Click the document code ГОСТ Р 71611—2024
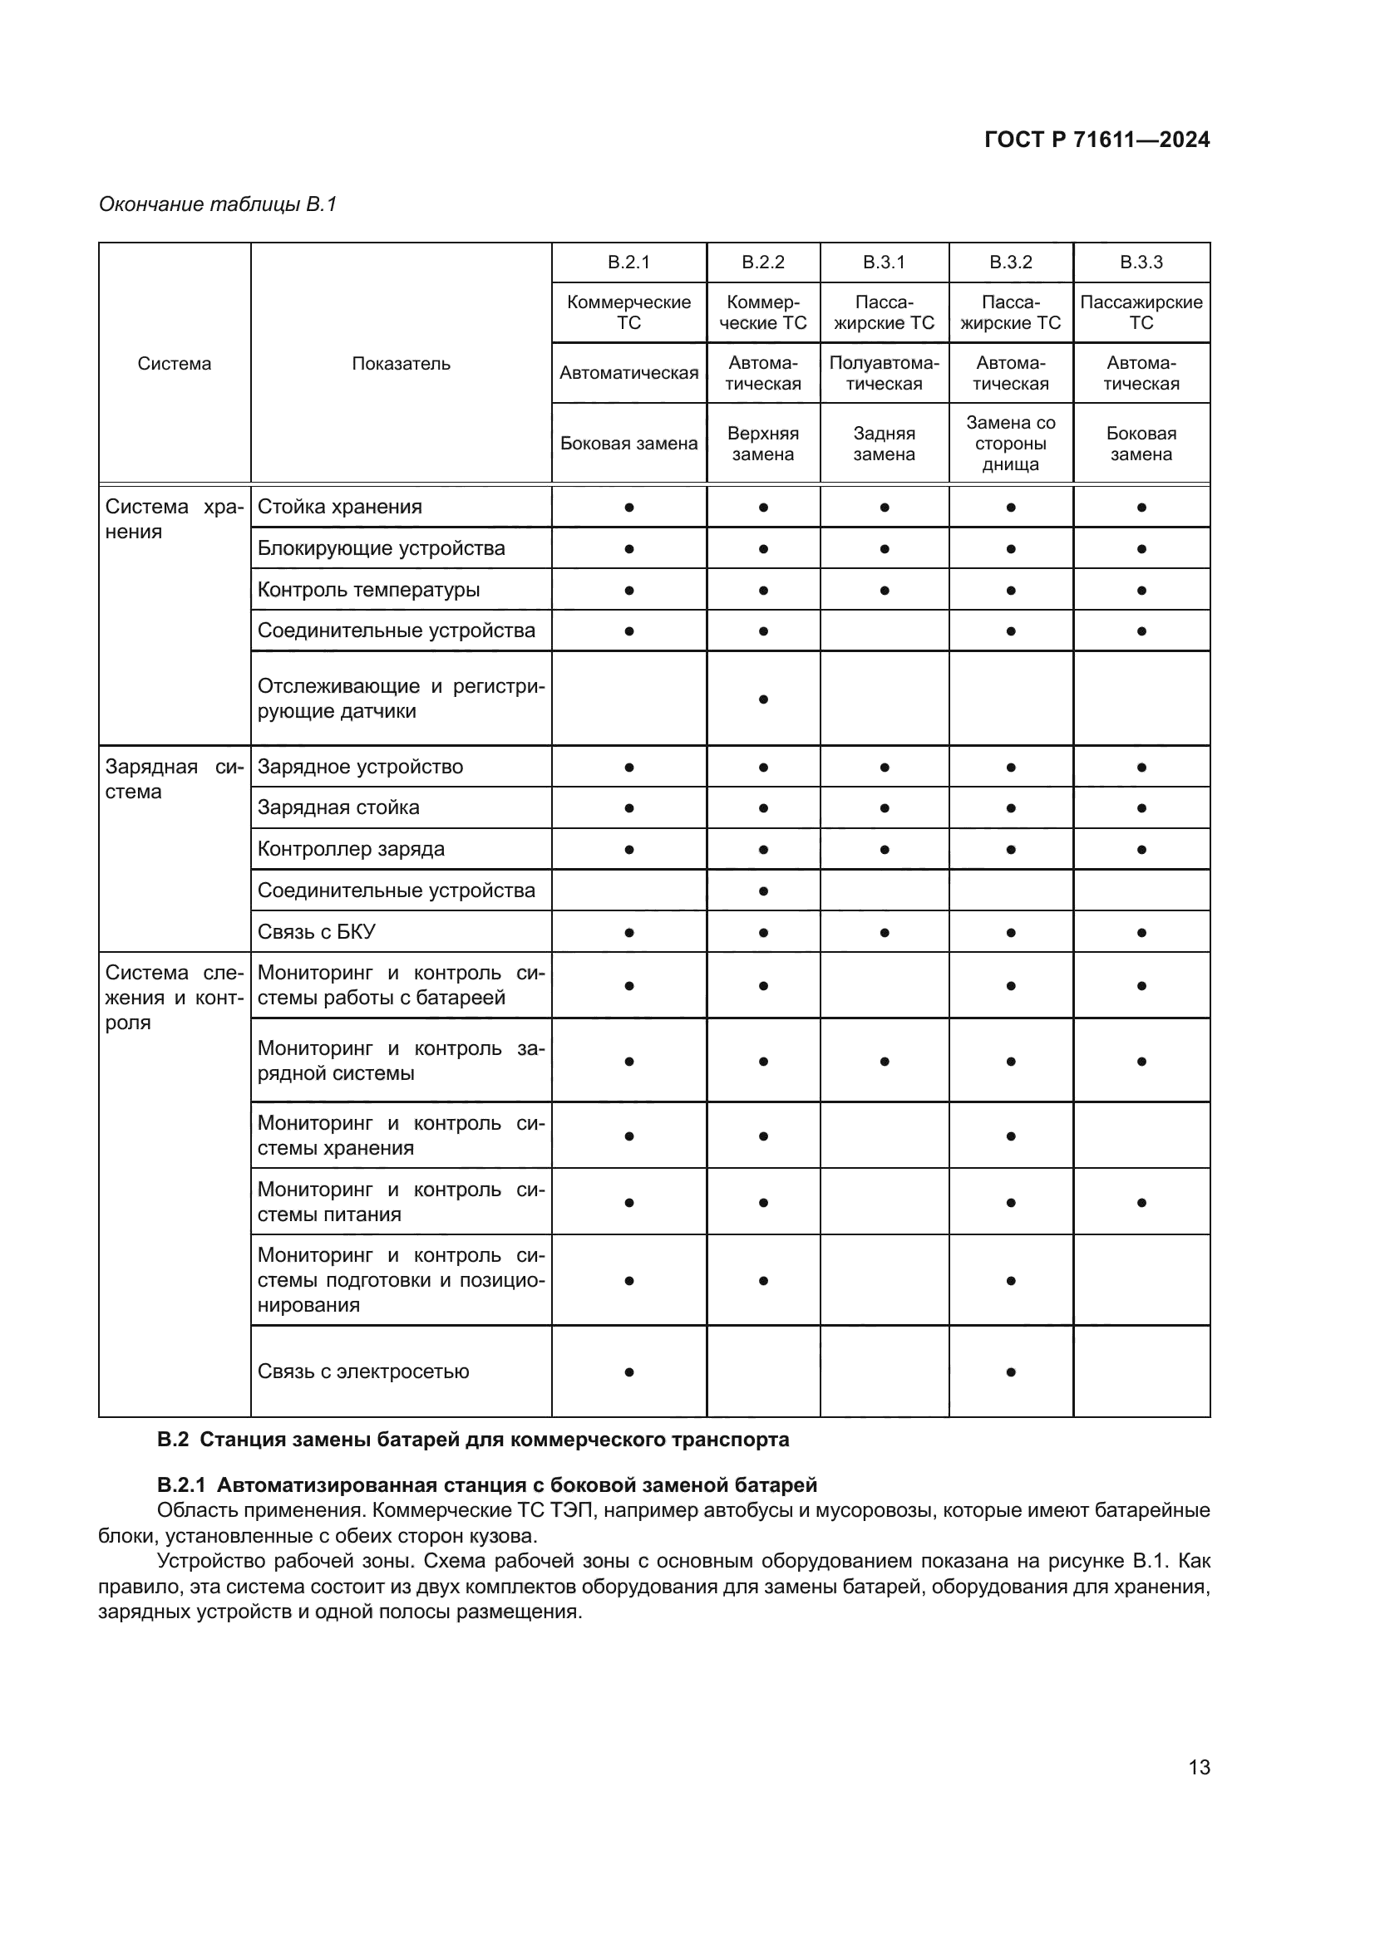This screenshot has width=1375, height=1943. [1097, 140]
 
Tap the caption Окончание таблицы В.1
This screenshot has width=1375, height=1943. [218, 204]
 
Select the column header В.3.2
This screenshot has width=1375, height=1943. [1010, 263]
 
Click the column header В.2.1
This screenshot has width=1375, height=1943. [628, 263]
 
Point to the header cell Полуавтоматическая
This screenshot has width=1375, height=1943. [883, 373]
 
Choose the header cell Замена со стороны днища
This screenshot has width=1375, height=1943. [1010, 444]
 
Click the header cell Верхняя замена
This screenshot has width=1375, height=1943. [762, 444]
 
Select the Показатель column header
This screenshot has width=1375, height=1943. [401, 364]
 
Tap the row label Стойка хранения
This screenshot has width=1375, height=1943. [339, 507]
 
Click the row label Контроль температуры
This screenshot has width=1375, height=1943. [368, 590]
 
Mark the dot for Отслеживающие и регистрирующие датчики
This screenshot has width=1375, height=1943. [763, 699]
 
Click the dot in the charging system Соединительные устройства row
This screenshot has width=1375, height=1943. [763, 891]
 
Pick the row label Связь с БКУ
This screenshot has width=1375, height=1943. [316, 932]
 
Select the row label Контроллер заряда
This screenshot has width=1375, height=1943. [351, 849]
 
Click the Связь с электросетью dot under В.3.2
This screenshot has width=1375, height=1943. [1010, 1371]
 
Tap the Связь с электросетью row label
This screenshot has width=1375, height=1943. [362, 1371]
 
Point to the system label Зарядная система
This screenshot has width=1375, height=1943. [174, 778]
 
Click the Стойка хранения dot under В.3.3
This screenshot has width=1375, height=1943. [1141, 508]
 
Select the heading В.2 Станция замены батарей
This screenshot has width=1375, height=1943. [472, 1440]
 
